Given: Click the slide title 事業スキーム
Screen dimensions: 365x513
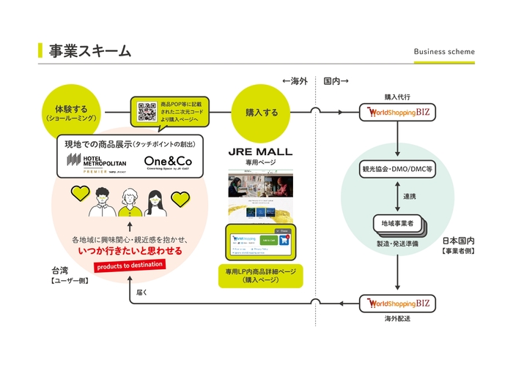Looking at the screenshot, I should pos(89,50).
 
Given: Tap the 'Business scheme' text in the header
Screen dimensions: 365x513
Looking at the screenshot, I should pos(444,52).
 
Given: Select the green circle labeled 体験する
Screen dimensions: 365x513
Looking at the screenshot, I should pos(70,113).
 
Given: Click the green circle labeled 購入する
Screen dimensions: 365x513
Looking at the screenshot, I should pos(261,113).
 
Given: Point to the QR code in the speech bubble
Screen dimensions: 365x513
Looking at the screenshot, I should pos(147,112).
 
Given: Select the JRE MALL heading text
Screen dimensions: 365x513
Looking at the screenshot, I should pos(261,151).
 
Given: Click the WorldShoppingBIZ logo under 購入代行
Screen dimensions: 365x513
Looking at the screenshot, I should pos(396,113).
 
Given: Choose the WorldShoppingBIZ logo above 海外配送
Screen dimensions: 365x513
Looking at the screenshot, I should pos(396,302).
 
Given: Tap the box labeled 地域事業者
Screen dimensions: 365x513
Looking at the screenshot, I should pos(395,222).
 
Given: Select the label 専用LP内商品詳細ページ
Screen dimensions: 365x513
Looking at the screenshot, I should pos(261,274).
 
